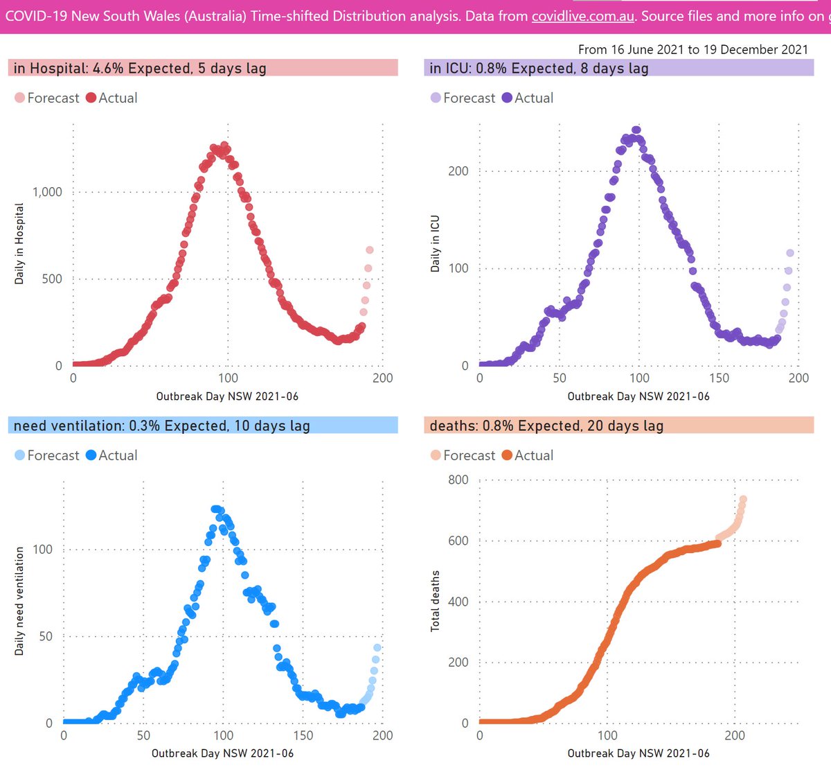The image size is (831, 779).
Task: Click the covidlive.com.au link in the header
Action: pos(582,15)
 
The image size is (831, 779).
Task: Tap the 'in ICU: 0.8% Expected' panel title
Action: pos(539,68)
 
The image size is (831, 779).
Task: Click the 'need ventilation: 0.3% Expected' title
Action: pos(161,426)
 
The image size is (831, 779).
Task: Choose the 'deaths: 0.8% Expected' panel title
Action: pos(546,426)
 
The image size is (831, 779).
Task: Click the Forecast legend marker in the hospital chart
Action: pos(19,98)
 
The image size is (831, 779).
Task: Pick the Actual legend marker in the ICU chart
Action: pos(507,98)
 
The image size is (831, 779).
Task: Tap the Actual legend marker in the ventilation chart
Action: pos(91,455)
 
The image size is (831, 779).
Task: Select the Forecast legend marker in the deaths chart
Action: pos(436,455)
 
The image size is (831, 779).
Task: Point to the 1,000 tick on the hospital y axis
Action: pos(47,192)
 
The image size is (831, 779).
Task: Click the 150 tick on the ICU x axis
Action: pos(719,378)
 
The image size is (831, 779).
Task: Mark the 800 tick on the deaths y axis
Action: pos(458,480)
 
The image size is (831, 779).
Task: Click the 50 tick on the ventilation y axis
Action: pos(45,636)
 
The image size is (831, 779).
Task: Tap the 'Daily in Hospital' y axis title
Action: pos(19,244)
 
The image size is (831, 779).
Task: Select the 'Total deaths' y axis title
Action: pos(435,601)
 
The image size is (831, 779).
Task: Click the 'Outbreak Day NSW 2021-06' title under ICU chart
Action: pos(638,396)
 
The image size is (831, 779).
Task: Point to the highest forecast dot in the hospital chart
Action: pos(370,250)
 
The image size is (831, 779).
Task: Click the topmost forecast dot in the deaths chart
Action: pos(743,499)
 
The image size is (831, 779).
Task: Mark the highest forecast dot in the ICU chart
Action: pos(790,253)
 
